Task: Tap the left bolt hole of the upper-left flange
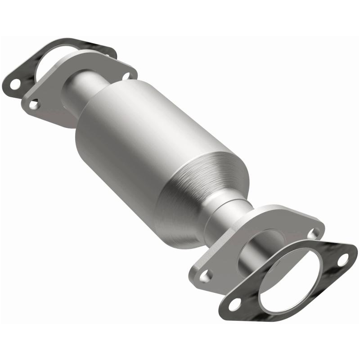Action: (x=34, y=104)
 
